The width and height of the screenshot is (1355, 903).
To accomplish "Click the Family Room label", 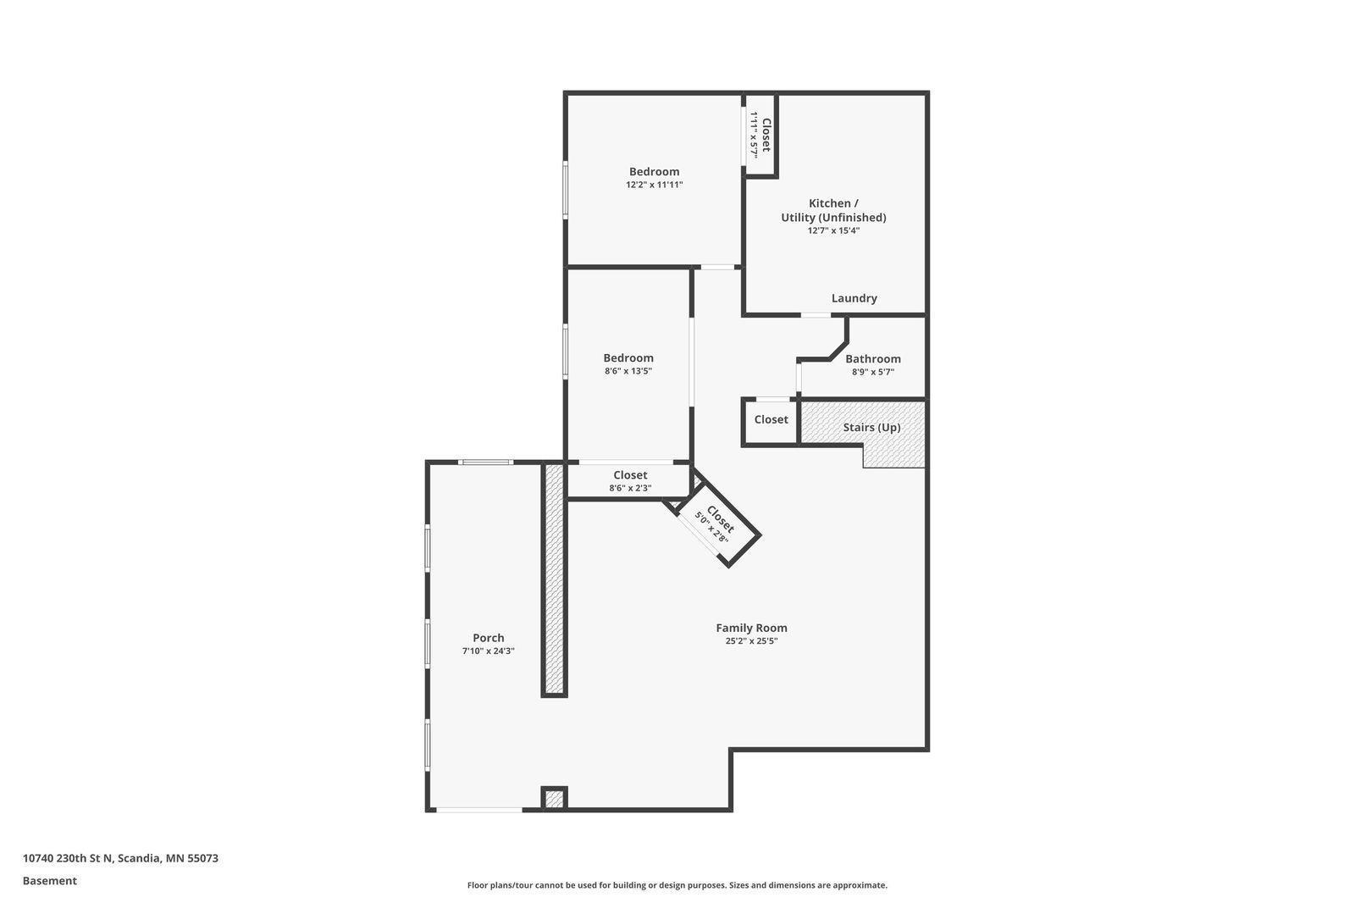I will point(751,628).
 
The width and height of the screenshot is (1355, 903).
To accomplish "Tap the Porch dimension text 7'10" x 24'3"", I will point(488,651).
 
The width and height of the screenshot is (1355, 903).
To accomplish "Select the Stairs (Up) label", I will point(871,428).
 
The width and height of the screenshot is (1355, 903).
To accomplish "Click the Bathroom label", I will point(872,358).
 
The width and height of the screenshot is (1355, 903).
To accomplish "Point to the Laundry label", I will point(854,298).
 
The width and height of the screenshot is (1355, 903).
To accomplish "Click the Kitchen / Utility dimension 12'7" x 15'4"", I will point(833,230).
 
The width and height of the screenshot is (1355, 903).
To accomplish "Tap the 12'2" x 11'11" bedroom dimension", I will point(654,185).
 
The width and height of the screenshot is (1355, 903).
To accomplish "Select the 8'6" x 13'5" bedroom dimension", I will point(628,371).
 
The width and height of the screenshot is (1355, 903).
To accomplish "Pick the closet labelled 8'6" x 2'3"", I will point(630,481).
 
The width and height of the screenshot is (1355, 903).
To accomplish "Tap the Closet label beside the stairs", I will point(771,419).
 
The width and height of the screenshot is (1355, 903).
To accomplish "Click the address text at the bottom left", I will point(120,858).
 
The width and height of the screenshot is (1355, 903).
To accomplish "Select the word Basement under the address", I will point(50,881).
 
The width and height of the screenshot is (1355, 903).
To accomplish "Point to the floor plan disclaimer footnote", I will point(677,885).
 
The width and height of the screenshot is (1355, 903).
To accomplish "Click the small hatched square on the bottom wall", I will point(554,798).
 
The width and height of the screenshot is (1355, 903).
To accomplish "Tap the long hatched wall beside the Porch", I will point(554,579).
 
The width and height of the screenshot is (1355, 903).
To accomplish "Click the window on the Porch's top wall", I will point(485,463).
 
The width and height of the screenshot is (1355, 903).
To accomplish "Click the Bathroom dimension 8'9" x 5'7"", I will point(872,372).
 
